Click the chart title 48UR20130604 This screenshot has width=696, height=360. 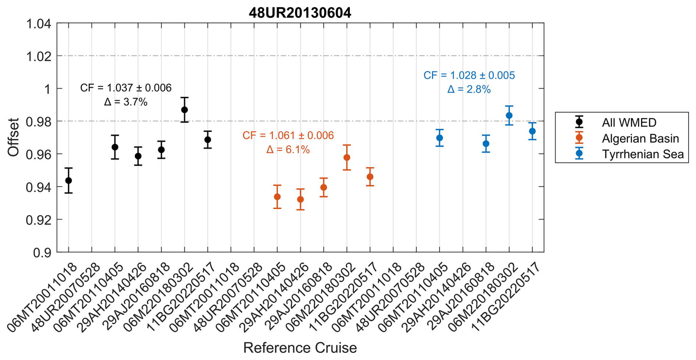(x=300, y=13)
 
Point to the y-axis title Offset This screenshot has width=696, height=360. (x=14, y=137)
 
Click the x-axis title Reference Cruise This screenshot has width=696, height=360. (x=300, y=348)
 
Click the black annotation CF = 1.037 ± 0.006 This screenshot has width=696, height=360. (x=126, y=88)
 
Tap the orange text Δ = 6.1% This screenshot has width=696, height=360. (x=288, y=150)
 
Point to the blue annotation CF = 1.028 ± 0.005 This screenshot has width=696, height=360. (x=469, y=75)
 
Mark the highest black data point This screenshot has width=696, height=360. (x=185, y=110)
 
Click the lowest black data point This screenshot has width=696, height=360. (x=68, y=180)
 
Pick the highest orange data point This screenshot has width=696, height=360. (x=347, y=158)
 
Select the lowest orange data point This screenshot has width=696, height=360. (x=301, y=200)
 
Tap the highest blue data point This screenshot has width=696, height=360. (x=509, y=116)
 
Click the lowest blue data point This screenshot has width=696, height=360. (x=486, y=144)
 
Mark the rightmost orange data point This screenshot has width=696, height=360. (x=370, y=177)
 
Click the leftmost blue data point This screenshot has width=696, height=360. (x=440, y=138)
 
